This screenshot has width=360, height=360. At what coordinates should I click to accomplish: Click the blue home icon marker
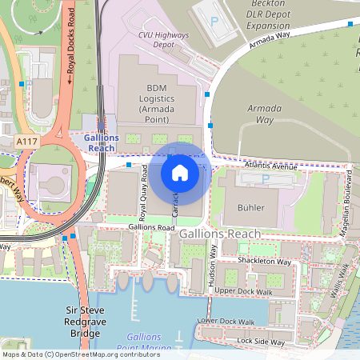click(180, 172)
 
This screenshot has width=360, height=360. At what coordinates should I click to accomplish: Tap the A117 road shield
click(27, 140)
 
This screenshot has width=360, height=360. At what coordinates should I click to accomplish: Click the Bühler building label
click(250, 208)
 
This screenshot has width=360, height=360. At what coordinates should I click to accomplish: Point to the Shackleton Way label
click(264, 261)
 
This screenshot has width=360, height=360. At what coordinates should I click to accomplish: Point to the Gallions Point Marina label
click(144, 342)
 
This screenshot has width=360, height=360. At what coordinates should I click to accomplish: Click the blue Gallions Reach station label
click(102, 143)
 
